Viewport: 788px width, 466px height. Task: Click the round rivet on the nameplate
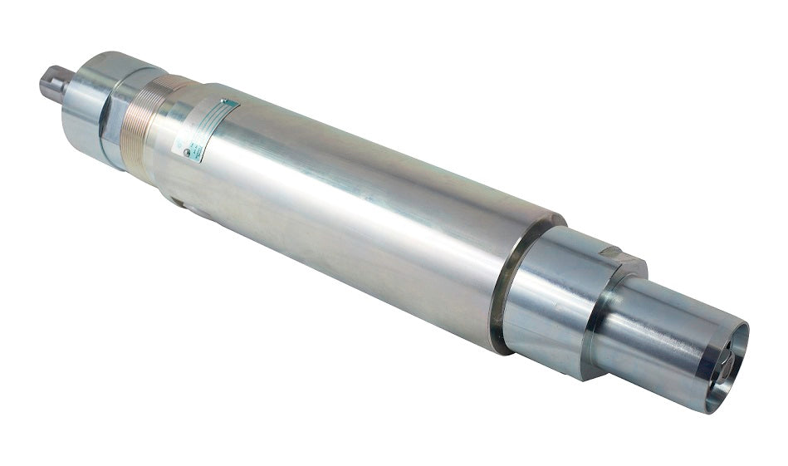[x=188, y=152]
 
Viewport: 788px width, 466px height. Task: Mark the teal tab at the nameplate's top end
[x=230, y=104]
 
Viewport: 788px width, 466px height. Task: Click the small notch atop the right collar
[x=611, y=250]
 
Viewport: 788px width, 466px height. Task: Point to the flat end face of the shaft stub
[x=42, y=83]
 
